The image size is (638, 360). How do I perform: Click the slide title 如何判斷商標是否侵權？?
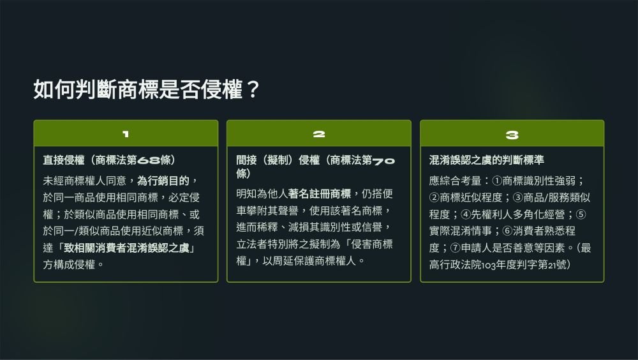(147, 89)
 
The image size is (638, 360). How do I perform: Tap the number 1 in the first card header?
(126, 134)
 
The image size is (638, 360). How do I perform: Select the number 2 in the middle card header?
(319, 134)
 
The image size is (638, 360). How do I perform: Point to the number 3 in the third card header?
(512, 135)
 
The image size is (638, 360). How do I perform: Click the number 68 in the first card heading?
(149, 160)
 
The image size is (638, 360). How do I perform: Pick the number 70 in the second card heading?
(383, 161)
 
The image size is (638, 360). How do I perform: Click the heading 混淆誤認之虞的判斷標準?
(487, 160)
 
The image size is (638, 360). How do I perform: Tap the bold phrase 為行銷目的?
(163, 181)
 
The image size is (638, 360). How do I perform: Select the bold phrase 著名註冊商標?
(320, 193)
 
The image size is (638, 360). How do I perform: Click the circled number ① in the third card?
(497, 181)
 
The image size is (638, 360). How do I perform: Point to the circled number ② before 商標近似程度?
(434, 197)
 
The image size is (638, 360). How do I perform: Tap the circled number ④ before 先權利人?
(466, 214)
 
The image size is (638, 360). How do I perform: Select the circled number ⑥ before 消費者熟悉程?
(507, 231)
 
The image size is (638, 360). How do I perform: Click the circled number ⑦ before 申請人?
(456, 248)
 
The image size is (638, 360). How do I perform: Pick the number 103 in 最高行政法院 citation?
(488, 265)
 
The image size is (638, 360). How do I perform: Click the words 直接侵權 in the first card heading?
(64, 160)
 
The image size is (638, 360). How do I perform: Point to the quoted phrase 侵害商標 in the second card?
(372, 244)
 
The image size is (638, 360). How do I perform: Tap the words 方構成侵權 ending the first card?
(69, 264)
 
